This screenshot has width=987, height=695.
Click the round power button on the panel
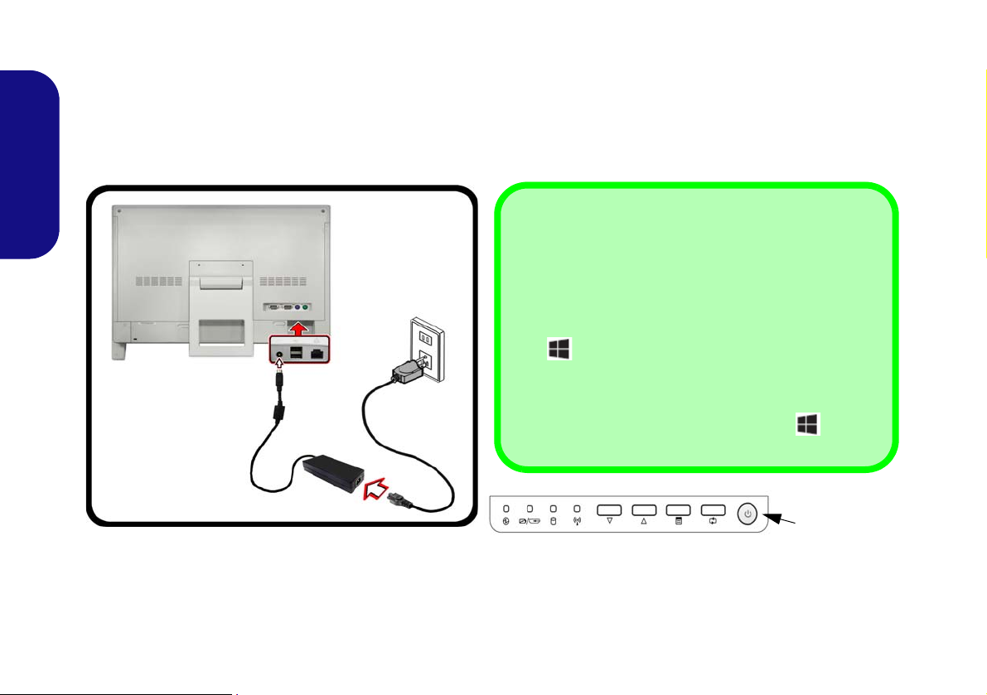[748, 514]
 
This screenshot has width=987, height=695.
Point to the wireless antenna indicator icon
[577, 522]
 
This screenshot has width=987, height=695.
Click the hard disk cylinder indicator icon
[553, 522]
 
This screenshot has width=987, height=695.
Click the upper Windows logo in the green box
[559, 350]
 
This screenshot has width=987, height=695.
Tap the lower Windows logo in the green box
[808, 425]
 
